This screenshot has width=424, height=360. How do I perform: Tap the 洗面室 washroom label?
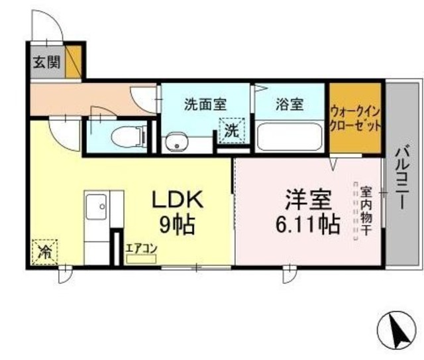coord(205,104)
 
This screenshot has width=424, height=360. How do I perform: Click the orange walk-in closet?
coord(355,118)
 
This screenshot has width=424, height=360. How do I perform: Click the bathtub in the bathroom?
coord(289,137)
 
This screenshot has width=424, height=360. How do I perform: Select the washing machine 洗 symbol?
coord(232,131)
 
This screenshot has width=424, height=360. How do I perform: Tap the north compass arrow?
coord(397,330)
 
